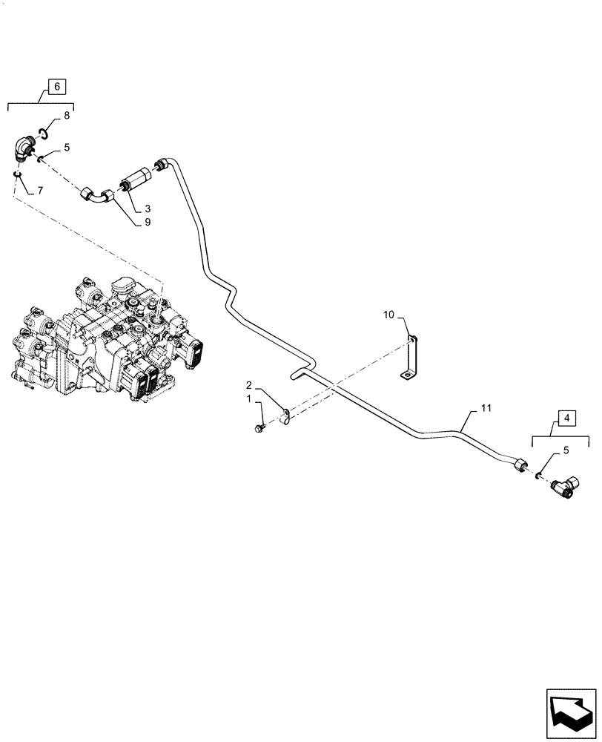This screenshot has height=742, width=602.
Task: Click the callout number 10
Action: click(x=388, y=316)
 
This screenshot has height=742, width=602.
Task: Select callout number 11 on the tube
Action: click(x=485, y=408)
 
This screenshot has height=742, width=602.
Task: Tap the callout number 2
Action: click(x=249, y=385)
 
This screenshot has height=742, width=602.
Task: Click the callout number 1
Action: click(x=249, y=400)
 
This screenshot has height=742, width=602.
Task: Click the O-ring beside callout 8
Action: click(x=44, y=133)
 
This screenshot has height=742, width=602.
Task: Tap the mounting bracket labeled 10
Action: click(x=410, y=359)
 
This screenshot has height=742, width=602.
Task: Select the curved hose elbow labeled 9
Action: click(x=96, y=196)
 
